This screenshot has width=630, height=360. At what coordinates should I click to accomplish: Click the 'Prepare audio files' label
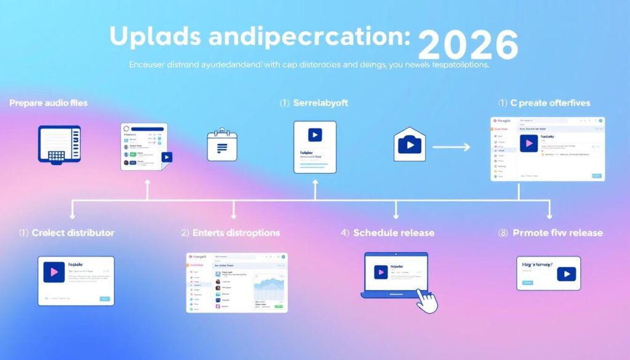click(48, 103)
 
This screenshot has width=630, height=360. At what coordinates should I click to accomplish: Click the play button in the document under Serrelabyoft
click(314, 135)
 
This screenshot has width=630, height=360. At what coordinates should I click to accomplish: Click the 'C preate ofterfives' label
click(548, 103)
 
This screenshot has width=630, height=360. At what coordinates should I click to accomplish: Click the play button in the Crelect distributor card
click(54, 271)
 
